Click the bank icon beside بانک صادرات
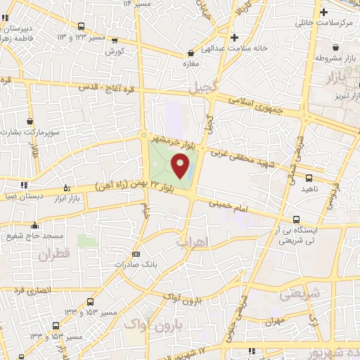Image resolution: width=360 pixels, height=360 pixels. tap(136, 255)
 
